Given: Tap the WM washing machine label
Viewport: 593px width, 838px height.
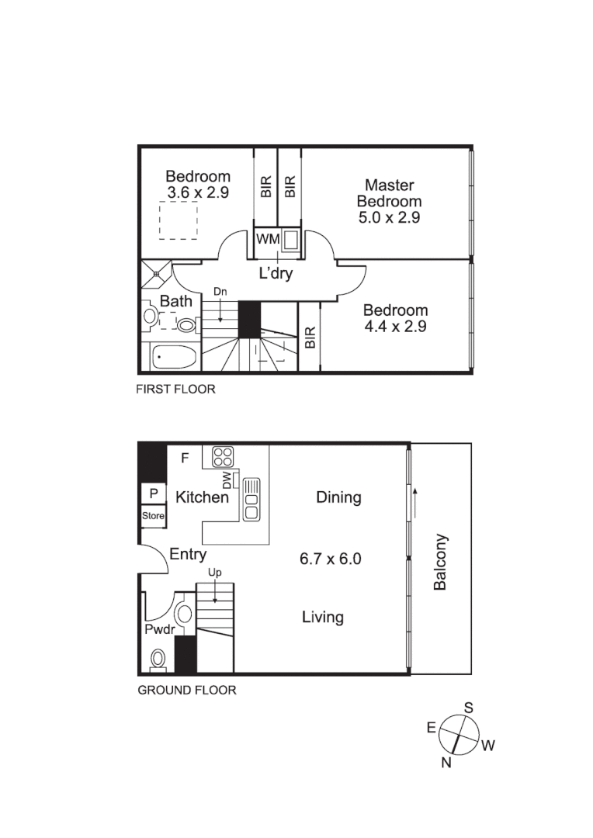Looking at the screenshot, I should pyautogui.click(x=268, y=240).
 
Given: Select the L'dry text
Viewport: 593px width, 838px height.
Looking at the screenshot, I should pyautogui.click(x=275, y=274).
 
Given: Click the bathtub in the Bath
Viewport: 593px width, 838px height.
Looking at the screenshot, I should pyautogui.click(x=175, y=358).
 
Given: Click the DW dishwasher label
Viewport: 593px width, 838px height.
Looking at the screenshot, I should pyautogui.click(x=227, y=481).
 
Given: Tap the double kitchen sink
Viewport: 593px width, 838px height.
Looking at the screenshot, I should pyautogui.click(x=251, y=499).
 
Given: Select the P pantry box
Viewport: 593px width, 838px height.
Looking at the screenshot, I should pyautogui.click(x=154, y=493).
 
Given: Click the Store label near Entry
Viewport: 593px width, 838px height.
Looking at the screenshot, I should pyautogui.click(x=153, y=516).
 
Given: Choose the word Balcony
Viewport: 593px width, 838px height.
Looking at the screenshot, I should pyautogui.click(x=440, y=562).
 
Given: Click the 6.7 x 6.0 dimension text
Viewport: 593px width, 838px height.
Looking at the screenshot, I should pyautogui.click(x=331, y=558).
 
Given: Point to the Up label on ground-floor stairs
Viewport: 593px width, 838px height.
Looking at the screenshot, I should pyautogui.click(x=214, y=573).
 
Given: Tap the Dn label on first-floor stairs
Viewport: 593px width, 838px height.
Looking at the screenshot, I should pyautogui.click(x=220, y=292).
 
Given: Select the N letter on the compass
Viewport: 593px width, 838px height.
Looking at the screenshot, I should pyautogui.click(x=446, y=763).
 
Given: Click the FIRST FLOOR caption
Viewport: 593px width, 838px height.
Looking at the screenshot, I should pyautogui.click(x=176, y=390).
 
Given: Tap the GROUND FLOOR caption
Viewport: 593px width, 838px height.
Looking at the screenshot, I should pyautogui.click(x=187, y=690).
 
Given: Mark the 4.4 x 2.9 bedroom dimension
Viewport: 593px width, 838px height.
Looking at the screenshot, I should pyautogui.click(x=396, y=327).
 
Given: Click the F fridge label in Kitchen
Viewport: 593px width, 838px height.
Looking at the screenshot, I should pyautogui.click(x=185, y=458).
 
